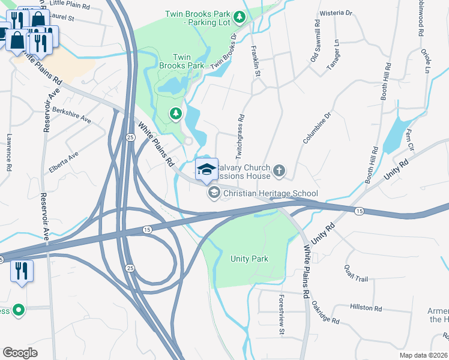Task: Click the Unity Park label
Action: (249, 259)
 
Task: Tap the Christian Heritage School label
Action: (270, 193)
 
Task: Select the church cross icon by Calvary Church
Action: (279, 172)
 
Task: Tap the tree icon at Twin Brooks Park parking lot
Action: (240, 17)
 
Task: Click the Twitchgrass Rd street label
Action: (241, 137)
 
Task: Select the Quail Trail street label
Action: (355, 273)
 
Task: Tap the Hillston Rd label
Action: (367, 308)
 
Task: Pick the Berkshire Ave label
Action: (71, 116)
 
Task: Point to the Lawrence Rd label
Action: (9, 152)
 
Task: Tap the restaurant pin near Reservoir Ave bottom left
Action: (22, 271)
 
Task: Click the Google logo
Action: (19, 353)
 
